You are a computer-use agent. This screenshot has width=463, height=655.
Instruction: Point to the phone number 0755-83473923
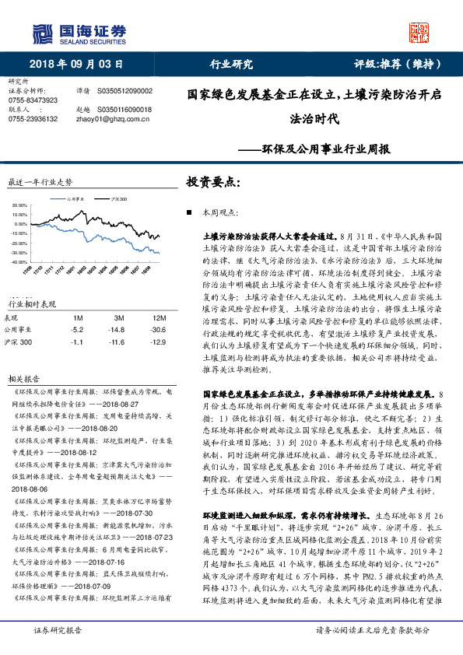[x=33, y=100]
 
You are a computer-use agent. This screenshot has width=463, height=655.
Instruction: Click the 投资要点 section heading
[x=213, y=181]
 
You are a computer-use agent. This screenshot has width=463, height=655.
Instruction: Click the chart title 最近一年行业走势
[x=40, y=181]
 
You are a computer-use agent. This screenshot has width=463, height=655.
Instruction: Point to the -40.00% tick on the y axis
[x=19, y=262]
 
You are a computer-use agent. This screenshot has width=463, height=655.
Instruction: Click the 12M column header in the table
[x=159, y=317]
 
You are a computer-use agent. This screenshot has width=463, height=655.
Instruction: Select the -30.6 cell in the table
[x=159, y=330]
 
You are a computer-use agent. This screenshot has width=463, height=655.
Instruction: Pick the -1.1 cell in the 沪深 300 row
[x=77, y=342]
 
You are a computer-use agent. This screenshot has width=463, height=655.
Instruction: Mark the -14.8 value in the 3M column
[x=118, y=330]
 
